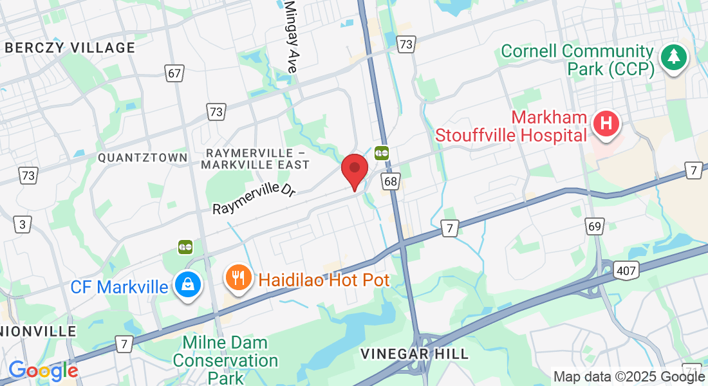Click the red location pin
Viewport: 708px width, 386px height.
point(354,170)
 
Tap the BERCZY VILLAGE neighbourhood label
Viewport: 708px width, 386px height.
point(70,48)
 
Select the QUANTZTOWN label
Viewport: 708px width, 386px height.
point(142,158)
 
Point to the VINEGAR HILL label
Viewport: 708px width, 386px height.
point(415,354)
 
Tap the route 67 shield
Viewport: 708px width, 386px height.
point(174,73)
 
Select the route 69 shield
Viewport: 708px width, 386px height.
point(595,226)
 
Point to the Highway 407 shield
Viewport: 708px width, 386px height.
point(626,270)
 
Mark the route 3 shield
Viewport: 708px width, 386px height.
point(24,225)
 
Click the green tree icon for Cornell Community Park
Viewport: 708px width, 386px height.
point(674,57)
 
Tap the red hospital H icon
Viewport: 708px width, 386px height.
point(605,124)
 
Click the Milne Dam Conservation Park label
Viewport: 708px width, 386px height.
point(225,360)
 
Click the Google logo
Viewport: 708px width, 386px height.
point(43,371)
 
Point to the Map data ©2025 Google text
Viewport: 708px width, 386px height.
point(629,376)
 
